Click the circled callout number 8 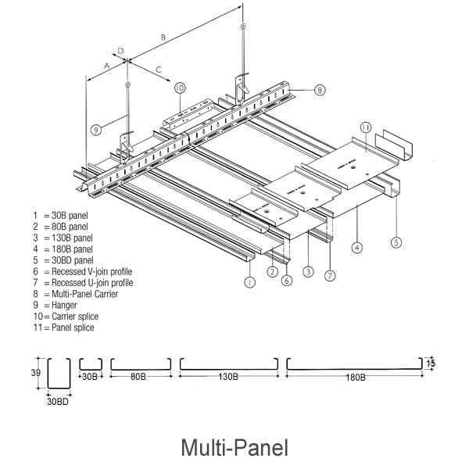[320, 90]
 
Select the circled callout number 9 [95, 131]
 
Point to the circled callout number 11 [365, 127]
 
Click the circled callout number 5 [396, 242]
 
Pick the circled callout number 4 [356, 248]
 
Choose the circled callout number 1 [249, 281]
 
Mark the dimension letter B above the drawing [162, 37]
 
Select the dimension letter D [121, 51]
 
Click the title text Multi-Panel [234, 448]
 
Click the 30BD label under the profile [58, 403]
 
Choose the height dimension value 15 [431, 363]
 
